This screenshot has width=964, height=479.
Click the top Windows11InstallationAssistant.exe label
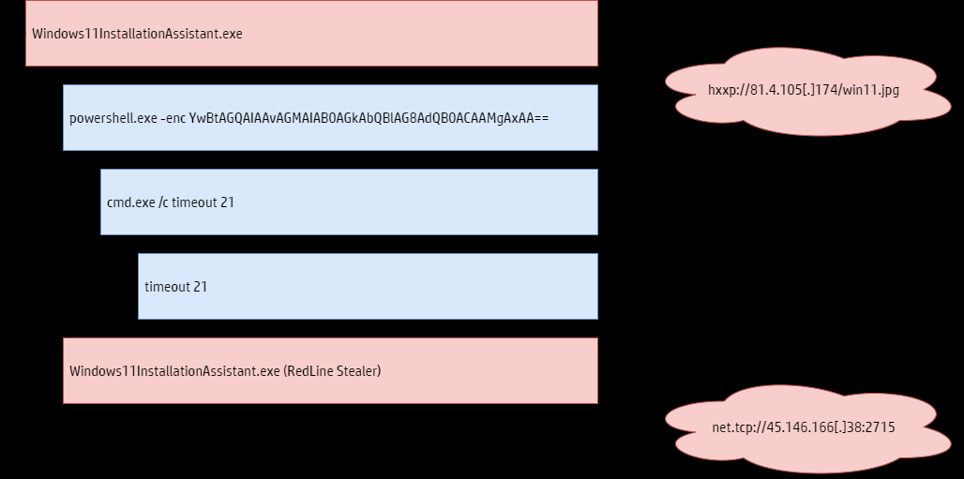[137, 34]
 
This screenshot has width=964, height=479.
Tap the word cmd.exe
[130, 202]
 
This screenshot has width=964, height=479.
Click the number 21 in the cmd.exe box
[227, 202]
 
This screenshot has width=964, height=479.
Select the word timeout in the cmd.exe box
[194, 202]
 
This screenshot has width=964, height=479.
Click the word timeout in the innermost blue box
[167, 287]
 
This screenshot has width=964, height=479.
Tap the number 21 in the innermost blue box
[201, 287]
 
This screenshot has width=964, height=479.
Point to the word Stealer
[359, 371]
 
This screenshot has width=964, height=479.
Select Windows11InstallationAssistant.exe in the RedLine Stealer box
[174, 371]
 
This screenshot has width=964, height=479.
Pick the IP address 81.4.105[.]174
[793, 91]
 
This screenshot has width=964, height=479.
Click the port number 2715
[881, 427]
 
